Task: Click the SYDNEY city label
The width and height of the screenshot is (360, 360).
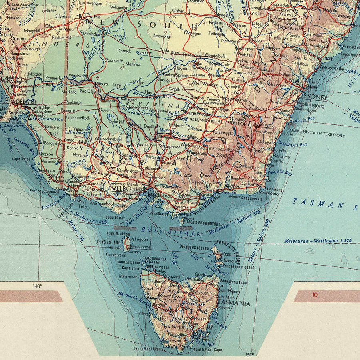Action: pyautogui.click(x=316, y=98)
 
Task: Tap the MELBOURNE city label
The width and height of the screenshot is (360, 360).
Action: pyautogui.click(x=128, y=188)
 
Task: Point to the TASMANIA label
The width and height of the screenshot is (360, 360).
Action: pyautogui.click(x=235, y=304)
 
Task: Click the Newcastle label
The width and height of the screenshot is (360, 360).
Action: pyautogui.click(x=332, y=69)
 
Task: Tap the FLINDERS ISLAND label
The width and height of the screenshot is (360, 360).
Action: pyautogui.click(x=195, y=248)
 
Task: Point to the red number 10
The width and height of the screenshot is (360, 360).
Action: pyautogui.click(x=315, y=296)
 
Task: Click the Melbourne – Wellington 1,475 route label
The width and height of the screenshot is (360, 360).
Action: pyautogui.click(x=318, y=241)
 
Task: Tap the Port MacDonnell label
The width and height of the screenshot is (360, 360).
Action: pyautogui.click(x=44, y=191)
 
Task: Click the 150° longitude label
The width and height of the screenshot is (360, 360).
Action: pyautogui.click(x=250, y=354)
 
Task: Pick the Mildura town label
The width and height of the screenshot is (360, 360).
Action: pyautogui.click(x=106, y=84)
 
